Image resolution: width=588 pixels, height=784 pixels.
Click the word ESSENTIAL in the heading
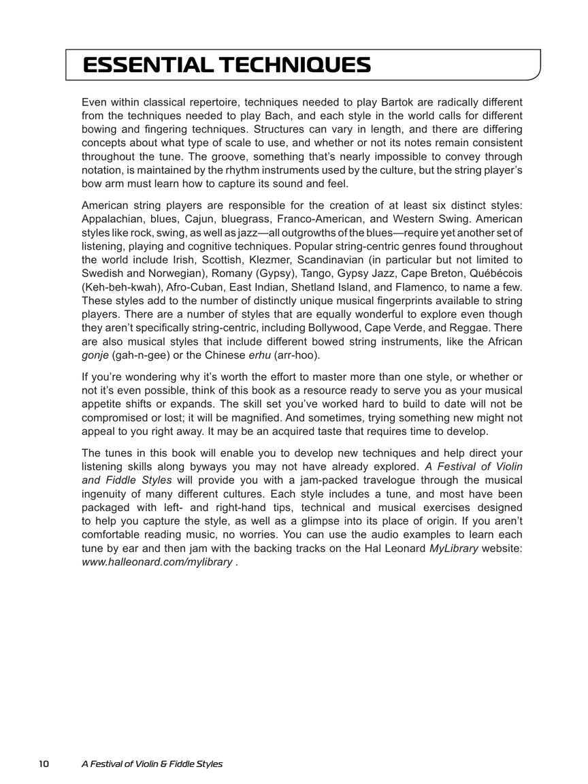point(144,65)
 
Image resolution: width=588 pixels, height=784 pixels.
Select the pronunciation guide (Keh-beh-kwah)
point(120,287)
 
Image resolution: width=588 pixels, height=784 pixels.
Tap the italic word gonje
point(95,355)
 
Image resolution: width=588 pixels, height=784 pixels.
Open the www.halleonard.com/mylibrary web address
point(157,562)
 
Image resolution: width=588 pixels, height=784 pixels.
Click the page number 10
point(44,764)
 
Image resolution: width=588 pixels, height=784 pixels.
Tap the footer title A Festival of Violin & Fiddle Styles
point(152,764)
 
